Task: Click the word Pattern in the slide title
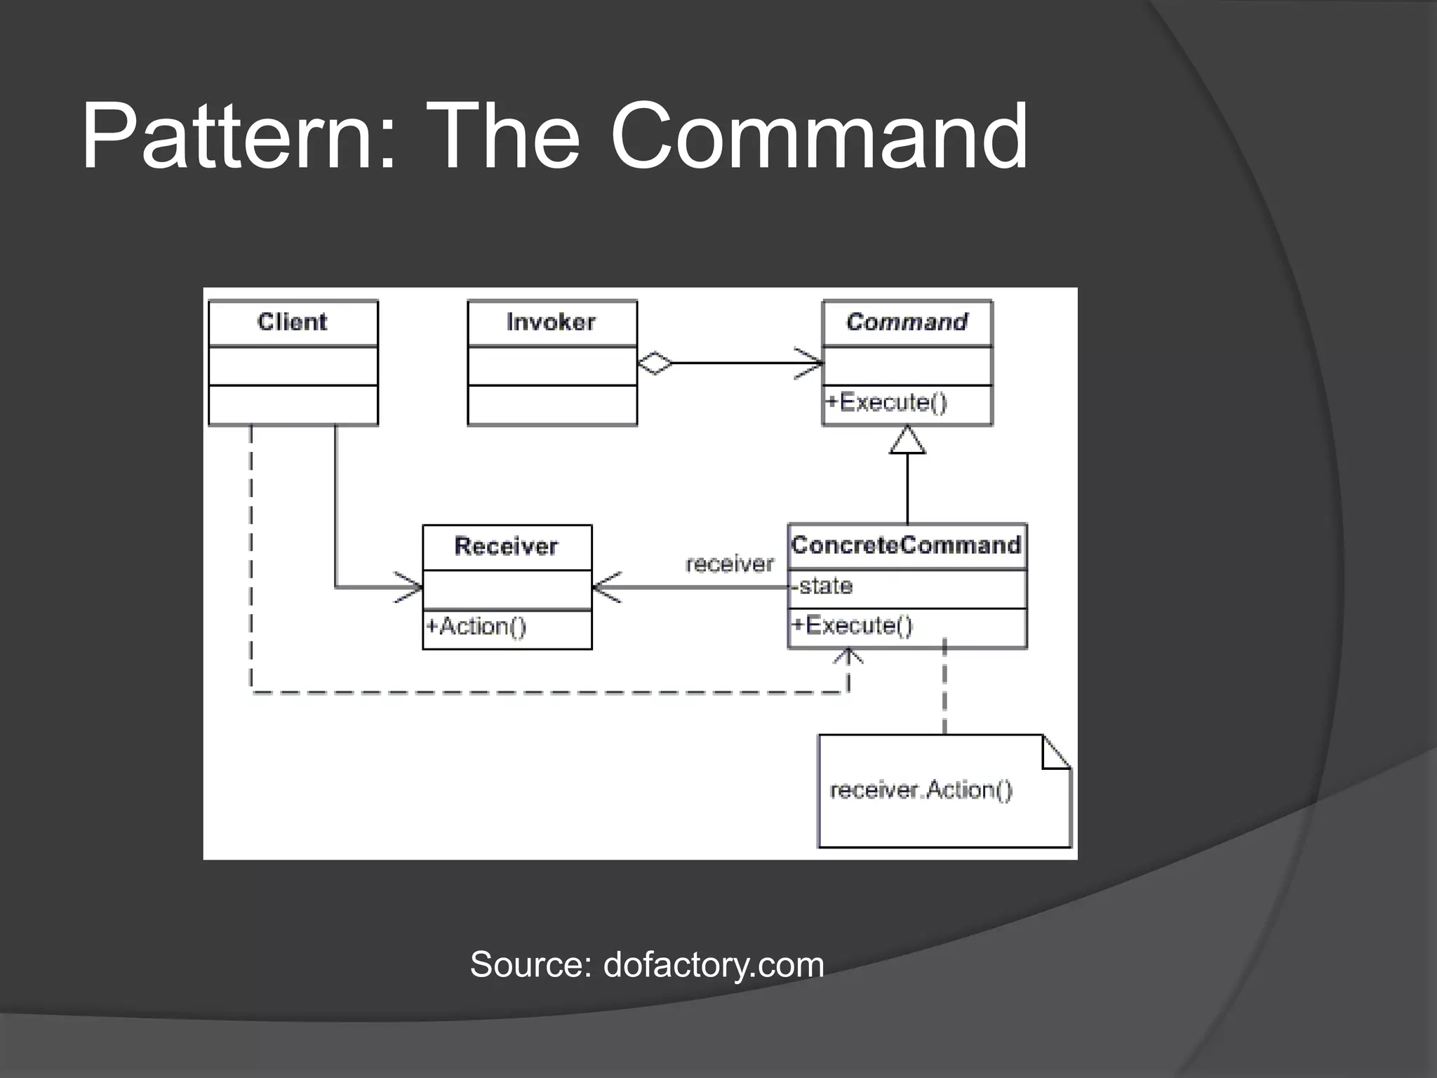pyautogui.click(x=228, y=137)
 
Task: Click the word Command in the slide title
pyautogui.click(x=818, y=137)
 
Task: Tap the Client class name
pyautogui.click(x=292, y=322)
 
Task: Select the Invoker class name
pyautogui.click(x=551, y=322)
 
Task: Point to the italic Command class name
pyautogui.click(x=907, y=322)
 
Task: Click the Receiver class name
pyautogui.click(x=506, y=546)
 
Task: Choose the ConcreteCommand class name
pyautogui.click(x=906, y=545)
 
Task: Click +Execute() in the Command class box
pyautogui.click(x=886, y=402)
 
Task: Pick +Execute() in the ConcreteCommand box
pyautogui.click(x=853, y=625)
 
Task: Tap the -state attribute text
pyautogui.click(x=822, y=585)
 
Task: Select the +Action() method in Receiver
pyautogui.click(x=476, y=626)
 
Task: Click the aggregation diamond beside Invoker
pyautogui.click(x=654, y=364)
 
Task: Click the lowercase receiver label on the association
pyautogui.click(x=730, y=564)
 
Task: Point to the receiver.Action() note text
pyautogui.click(x=921, y=790)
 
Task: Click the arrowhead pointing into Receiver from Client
pyautogui.click(x=411, y=587)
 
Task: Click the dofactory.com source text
pyautogui.click(x=714, y=964)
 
